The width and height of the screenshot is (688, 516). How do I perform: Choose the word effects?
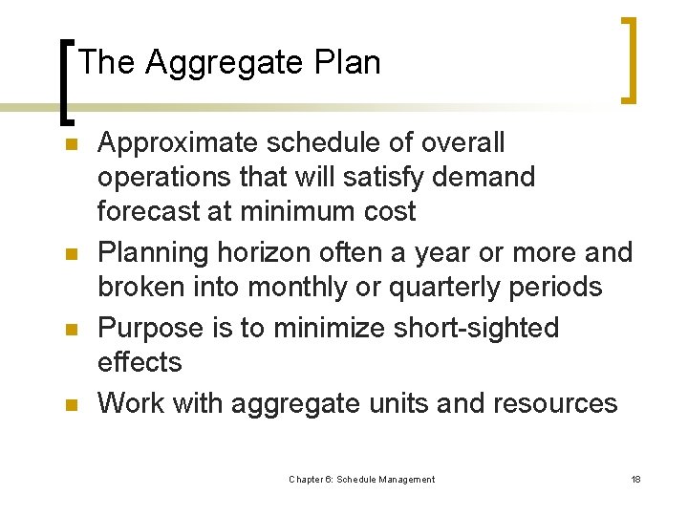tap(140, 362)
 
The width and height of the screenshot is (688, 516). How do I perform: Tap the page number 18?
tap(635, 480)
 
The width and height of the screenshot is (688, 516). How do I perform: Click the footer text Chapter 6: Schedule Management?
tap(361, 480)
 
